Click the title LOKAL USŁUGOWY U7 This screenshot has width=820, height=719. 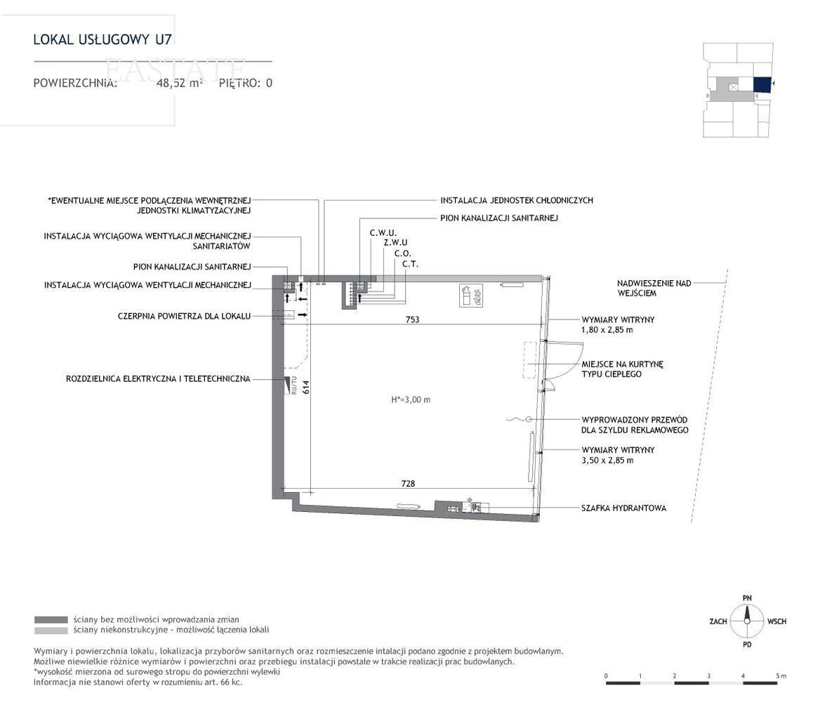(x=102, y=39)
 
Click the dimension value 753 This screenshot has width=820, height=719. (x=412, y=319)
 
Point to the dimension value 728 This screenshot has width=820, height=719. (x=408, y=484)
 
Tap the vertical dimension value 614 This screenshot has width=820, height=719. (x=306, y=387)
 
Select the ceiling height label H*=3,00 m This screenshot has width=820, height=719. (x=411, y=400)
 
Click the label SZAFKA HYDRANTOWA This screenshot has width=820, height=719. (x=624, y=508)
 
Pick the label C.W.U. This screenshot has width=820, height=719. (x=383, y=232)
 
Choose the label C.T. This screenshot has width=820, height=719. (x=411, y=264)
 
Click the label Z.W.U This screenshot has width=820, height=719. (x=395, y=243)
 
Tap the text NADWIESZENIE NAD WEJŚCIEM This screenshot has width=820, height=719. (x=654, y=288)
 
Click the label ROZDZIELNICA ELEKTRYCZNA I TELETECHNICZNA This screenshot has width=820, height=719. (x=159, y=378)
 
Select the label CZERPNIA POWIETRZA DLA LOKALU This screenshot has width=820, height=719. (x=184, y=317)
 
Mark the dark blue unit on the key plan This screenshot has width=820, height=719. (x=762, y=85)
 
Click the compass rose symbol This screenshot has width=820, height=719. (x=747, y=621)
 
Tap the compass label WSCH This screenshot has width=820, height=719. (x=777, y=621)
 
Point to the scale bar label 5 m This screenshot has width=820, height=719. (x=781, y=675)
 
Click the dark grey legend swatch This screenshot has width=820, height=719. (x=51, y=620)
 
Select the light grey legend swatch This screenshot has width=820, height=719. (x=51, y=630)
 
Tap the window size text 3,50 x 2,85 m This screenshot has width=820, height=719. (x=607, y=461)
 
